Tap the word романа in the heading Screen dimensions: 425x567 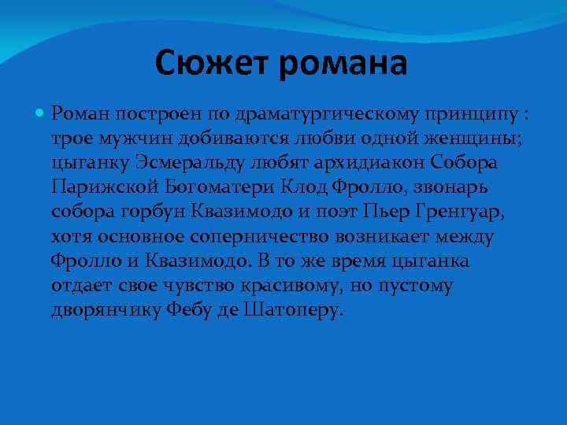coord(343,63)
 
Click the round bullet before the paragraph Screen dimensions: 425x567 coord(41,114)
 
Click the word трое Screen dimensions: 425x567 coord(71,140)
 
